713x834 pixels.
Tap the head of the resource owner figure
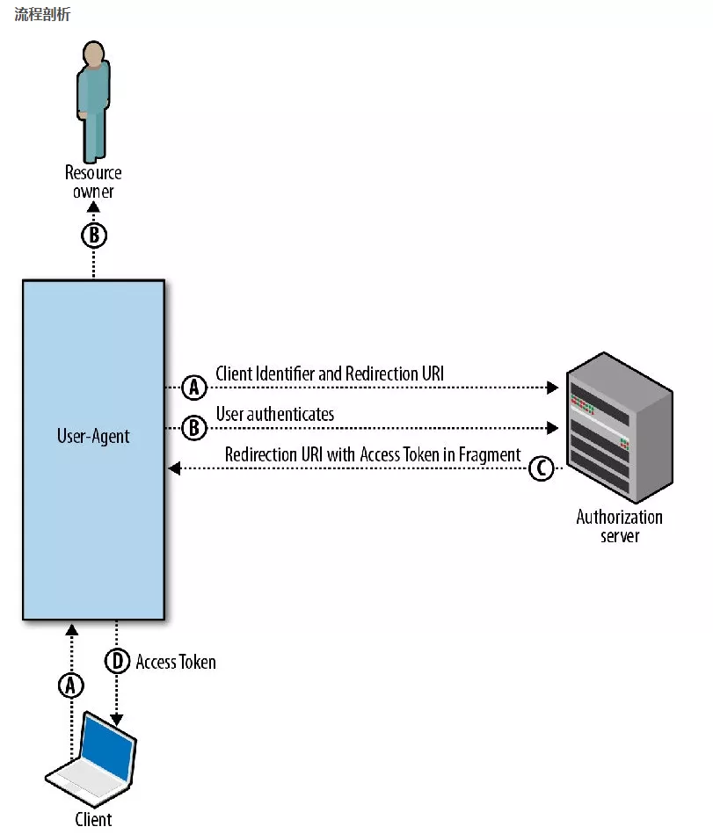tap(92, 54)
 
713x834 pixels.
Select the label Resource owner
tap(93, 182)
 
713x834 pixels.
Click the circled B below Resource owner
tap(93, 236)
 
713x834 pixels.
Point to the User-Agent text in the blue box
tap(93, 436)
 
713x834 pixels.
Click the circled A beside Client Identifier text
tap(193, 387)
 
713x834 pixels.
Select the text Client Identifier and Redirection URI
tap(330, 373)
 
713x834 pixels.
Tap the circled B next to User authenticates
tap(193, 428)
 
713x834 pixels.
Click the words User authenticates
tap(275, 414)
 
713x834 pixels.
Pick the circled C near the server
tap(542, 469)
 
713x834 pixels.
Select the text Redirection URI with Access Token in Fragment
tap(373, 455)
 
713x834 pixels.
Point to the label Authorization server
tap(620, 526)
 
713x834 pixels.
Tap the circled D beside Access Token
tap(117, 662)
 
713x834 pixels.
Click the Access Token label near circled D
tap(176, 662)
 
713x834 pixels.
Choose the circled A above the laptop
tap(71, 685)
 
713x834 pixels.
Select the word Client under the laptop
tap(93, 819)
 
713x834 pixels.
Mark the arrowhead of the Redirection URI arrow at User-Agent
tap(173, 469)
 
